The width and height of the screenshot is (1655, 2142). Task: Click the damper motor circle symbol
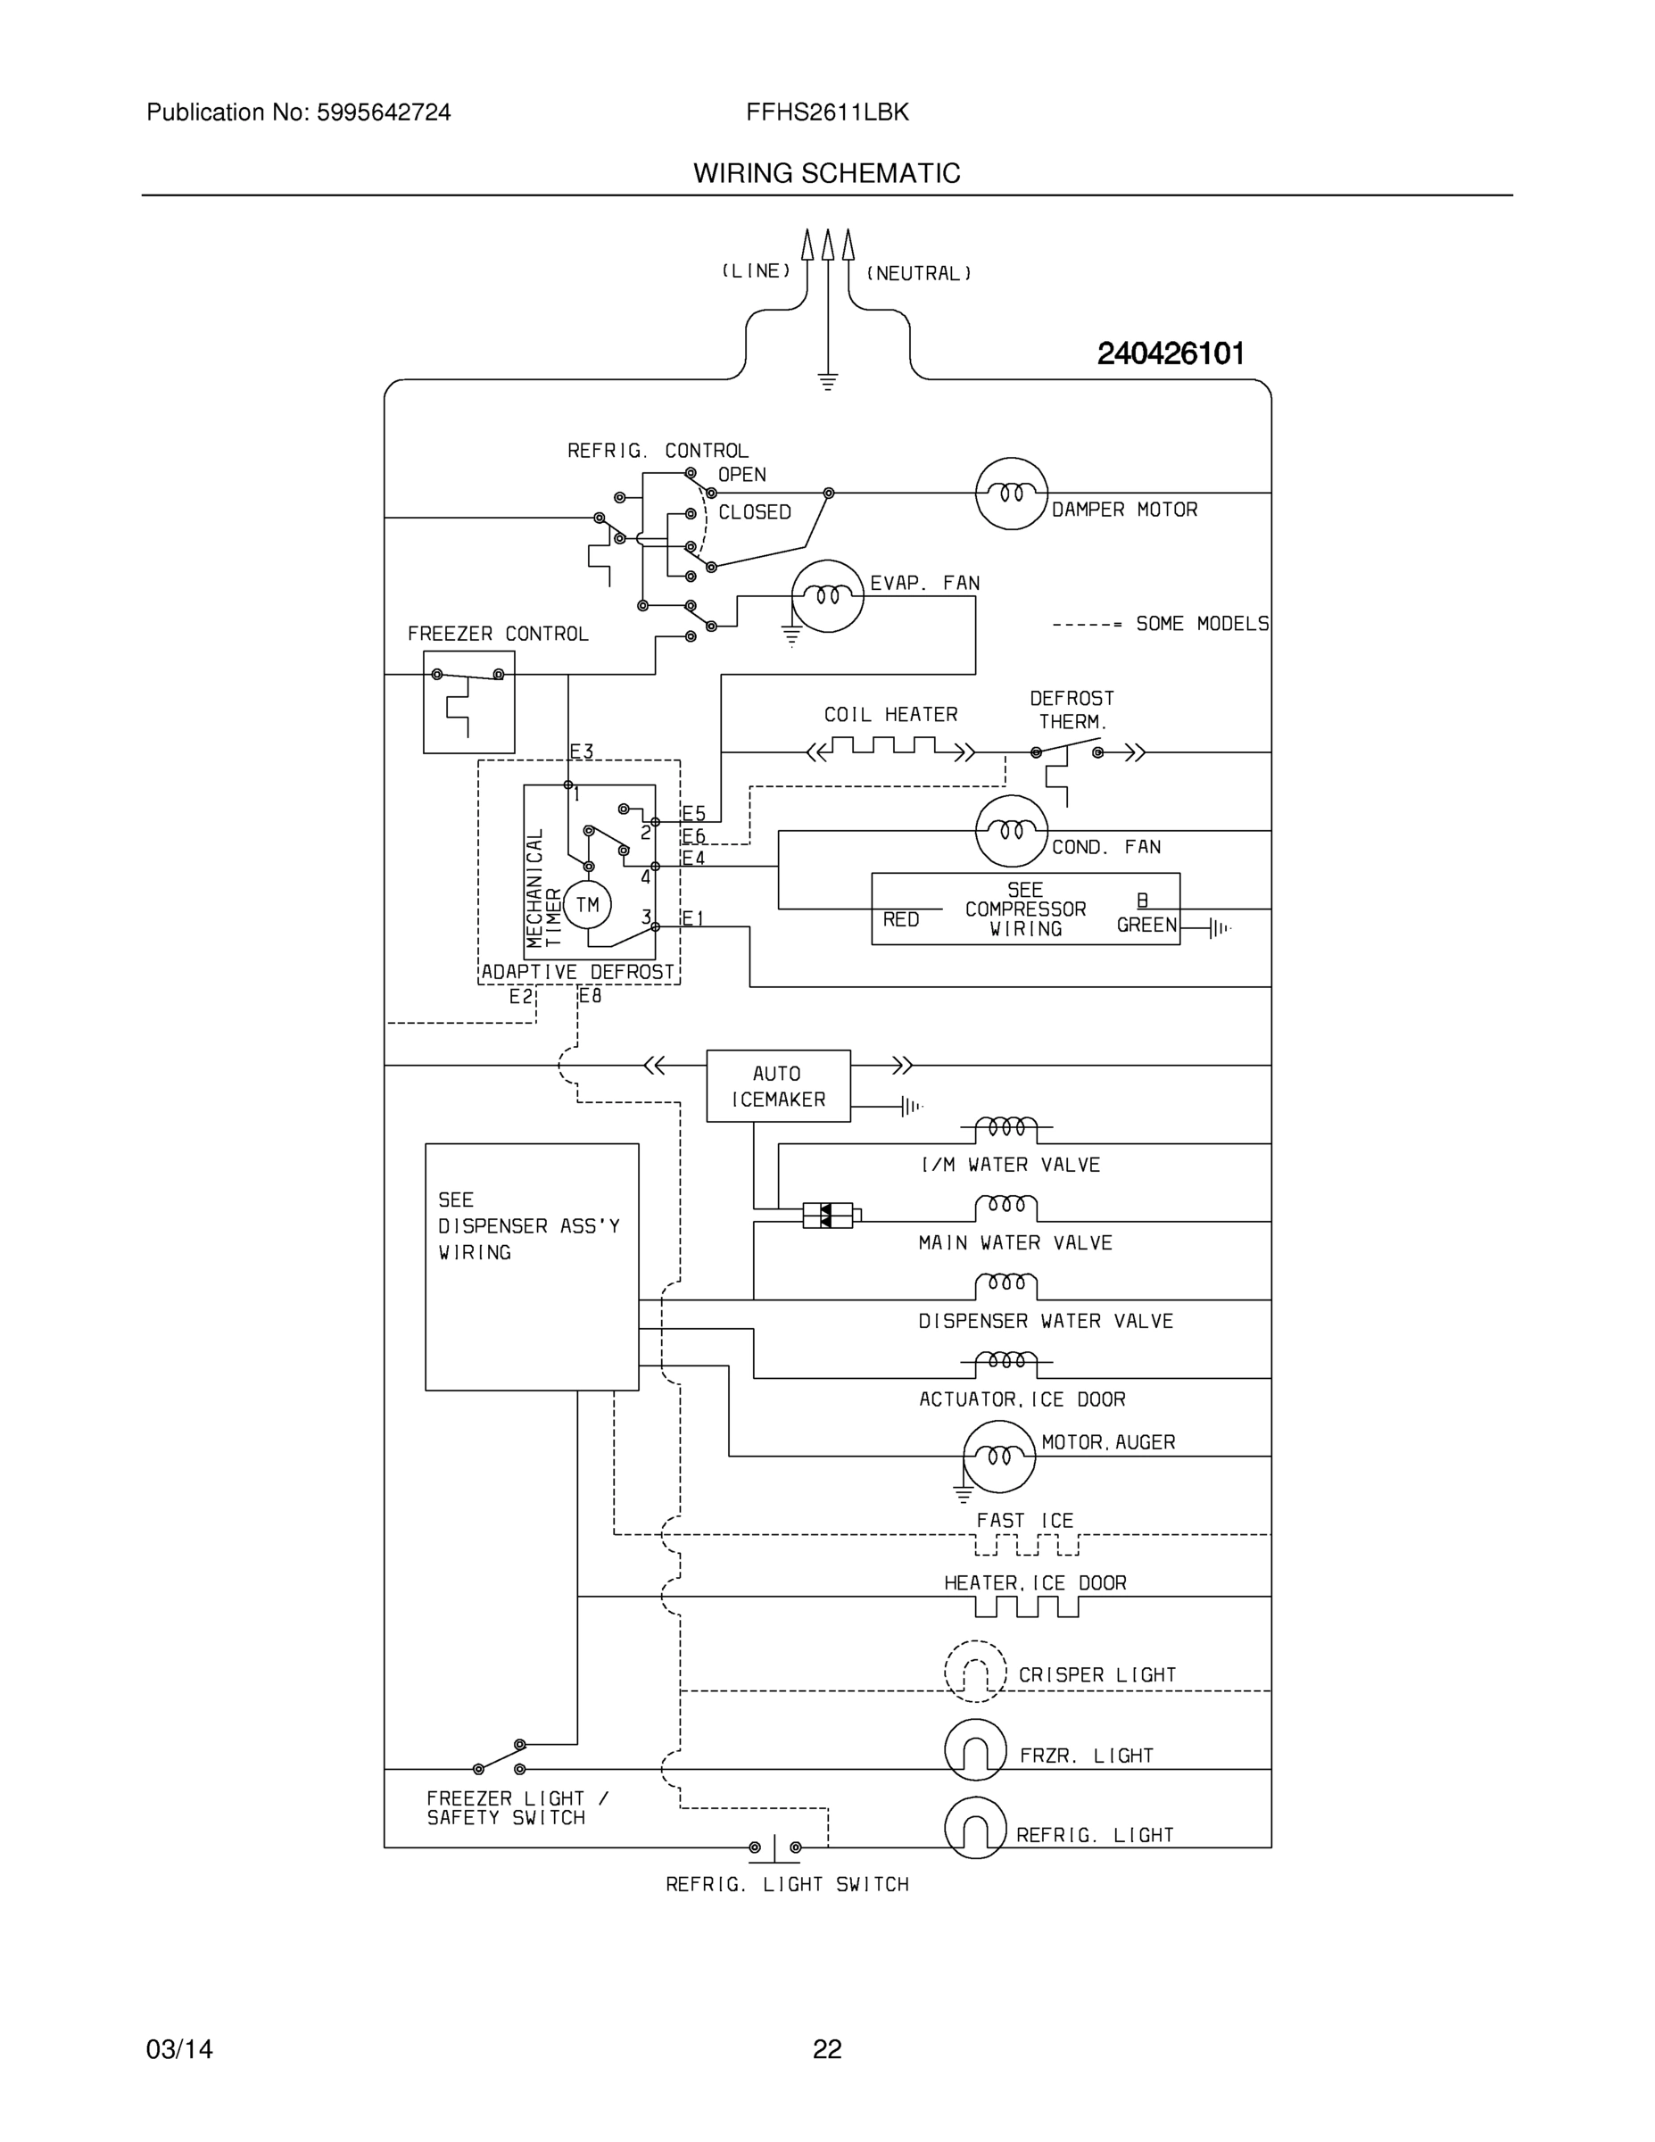(x=1011, y=494)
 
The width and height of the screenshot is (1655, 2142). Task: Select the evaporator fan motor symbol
(x=828, y=596)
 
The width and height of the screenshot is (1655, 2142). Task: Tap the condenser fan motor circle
(x=1011, y=831)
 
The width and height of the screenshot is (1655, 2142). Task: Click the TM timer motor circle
(x=586, y=904)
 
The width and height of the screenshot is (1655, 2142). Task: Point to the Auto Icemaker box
(x=777, y=1085)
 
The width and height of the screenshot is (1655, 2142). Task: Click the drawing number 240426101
(x=1170, y=353)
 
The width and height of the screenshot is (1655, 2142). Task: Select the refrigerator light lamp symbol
(x=974, y=1827)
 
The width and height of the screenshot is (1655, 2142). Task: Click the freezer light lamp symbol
(x=974, y=1749)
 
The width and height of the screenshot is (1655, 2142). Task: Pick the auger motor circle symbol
(x=998, y=1457)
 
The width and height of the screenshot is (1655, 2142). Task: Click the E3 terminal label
(x=582, y=752)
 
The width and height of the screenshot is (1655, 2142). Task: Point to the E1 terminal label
(x=693, y=919)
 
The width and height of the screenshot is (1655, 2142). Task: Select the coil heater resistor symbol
(x=890, y=751)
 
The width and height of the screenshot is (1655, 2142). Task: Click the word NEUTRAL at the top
(x=919, y=274)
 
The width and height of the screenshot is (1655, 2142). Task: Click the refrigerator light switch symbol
(x=774, y=1847)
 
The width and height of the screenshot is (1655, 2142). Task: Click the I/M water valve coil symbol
(x=1006, y=1128)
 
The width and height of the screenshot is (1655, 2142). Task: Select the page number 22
(x=826, y=2050)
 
